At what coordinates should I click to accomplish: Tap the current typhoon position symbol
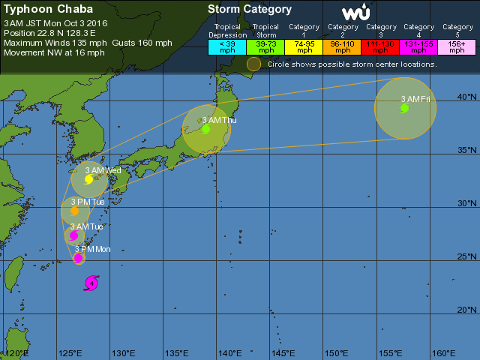tap(91, 283)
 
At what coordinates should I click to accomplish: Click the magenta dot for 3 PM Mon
tap(79, 258)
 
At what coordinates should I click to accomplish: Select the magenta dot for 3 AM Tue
tap(73, 235)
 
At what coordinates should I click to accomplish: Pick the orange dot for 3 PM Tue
tap(74, 211)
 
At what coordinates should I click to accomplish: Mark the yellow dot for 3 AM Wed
tap(88, 179)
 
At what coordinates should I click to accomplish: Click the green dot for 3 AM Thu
tap(205, 129)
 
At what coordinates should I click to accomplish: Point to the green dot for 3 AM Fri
tap(405, 108)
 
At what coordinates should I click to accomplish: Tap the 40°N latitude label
tap(468, 97)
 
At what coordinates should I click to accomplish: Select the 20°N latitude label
tap(468, 310)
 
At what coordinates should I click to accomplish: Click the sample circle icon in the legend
tap(254, 64)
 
